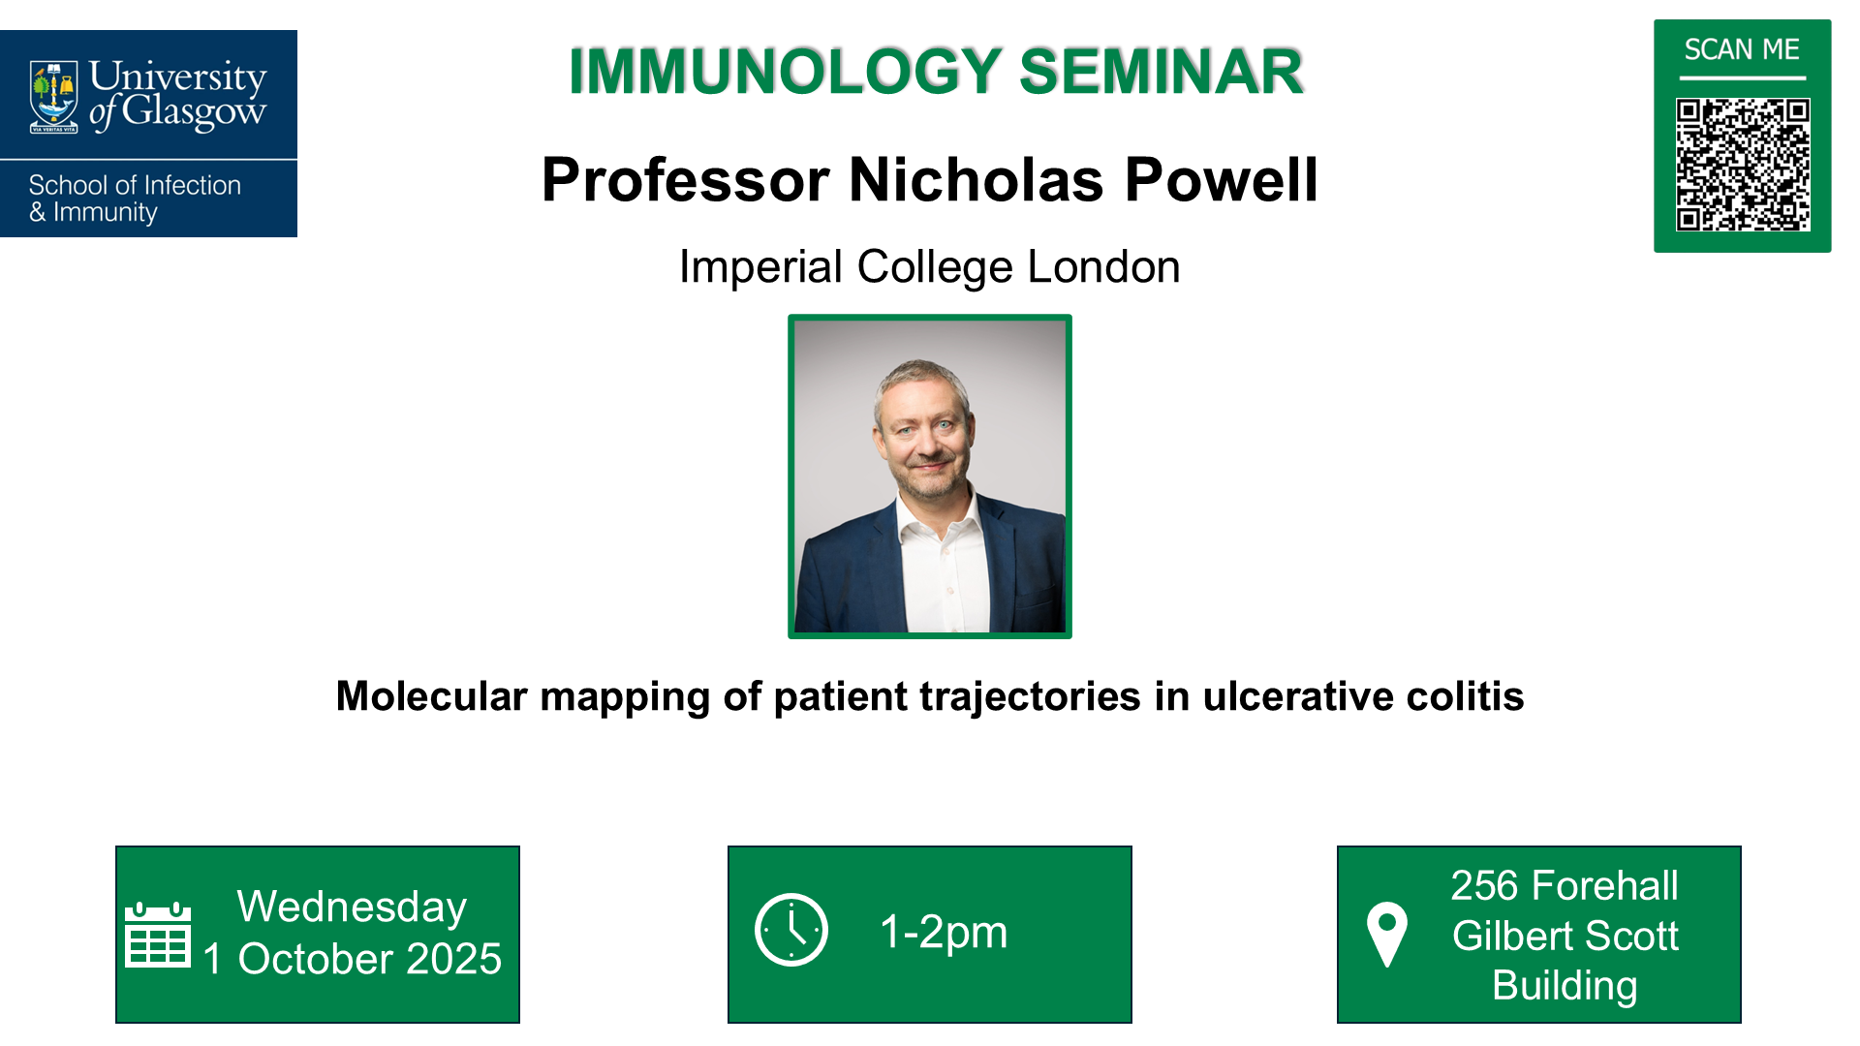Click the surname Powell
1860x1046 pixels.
tap(1221, 180)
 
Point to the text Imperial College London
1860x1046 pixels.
tap(929, 267)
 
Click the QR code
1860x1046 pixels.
tap(1742, 165)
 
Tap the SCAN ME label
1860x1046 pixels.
tap(1742, 49)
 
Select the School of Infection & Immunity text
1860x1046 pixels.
tap(134, 199)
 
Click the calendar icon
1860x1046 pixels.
tap(158, 935)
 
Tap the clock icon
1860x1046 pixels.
tap(791, 930)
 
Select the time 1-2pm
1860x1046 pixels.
tap(944, 932)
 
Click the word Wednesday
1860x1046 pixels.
tap(352, 908)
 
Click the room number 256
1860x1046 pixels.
tap(1482, 885)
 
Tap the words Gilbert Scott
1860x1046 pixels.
tap(1565, 936)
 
